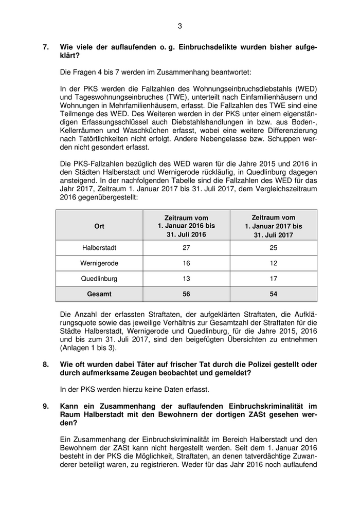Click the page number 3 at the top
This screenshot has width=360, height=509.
180,26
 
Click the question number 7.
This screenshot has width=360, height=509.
46,47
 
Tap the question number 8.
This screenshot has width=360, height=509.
46,365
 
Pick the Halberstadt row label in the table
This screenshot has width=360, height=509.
99,248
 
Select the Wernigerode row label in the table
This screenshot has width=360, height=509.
99,263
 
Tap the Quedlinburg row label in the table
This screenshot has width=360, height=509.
99,279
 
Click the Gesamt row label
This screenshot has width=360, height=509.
99,294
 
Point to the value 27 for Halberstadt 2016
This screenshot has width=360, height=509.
186,248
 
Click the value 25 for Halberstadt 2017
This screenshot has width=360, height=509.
274,248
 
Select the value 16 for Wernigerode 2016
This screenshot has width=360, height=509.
186,263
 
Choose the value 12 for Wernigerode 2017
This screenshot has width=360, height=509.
274,263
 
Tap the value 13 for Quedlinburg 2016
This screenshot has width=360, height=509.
186,279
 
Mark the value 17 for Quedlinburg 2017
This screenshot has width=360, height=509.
274,279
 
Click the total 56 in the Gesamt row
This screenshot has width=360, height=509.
186,294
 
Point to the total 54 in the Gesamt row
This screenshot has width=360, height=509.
274,294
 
